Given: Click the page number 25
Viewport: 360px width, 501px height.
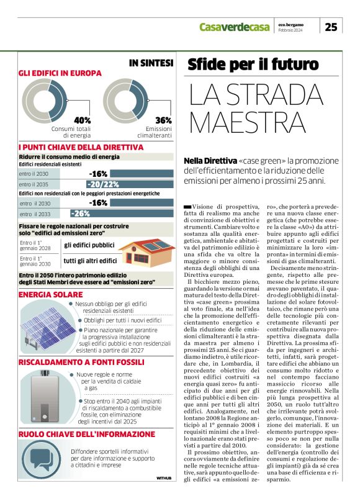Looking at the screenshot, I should coord(331,26).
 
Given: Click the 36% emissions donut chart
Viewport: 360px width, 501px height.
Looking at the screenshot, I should coord(125,100).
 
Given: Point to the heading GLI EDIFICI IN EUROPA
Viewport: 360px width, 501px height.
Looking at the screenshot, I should coord(60,73).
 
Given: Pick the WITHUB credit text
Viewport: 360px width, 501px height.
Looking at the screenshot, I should coord(164,478).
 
